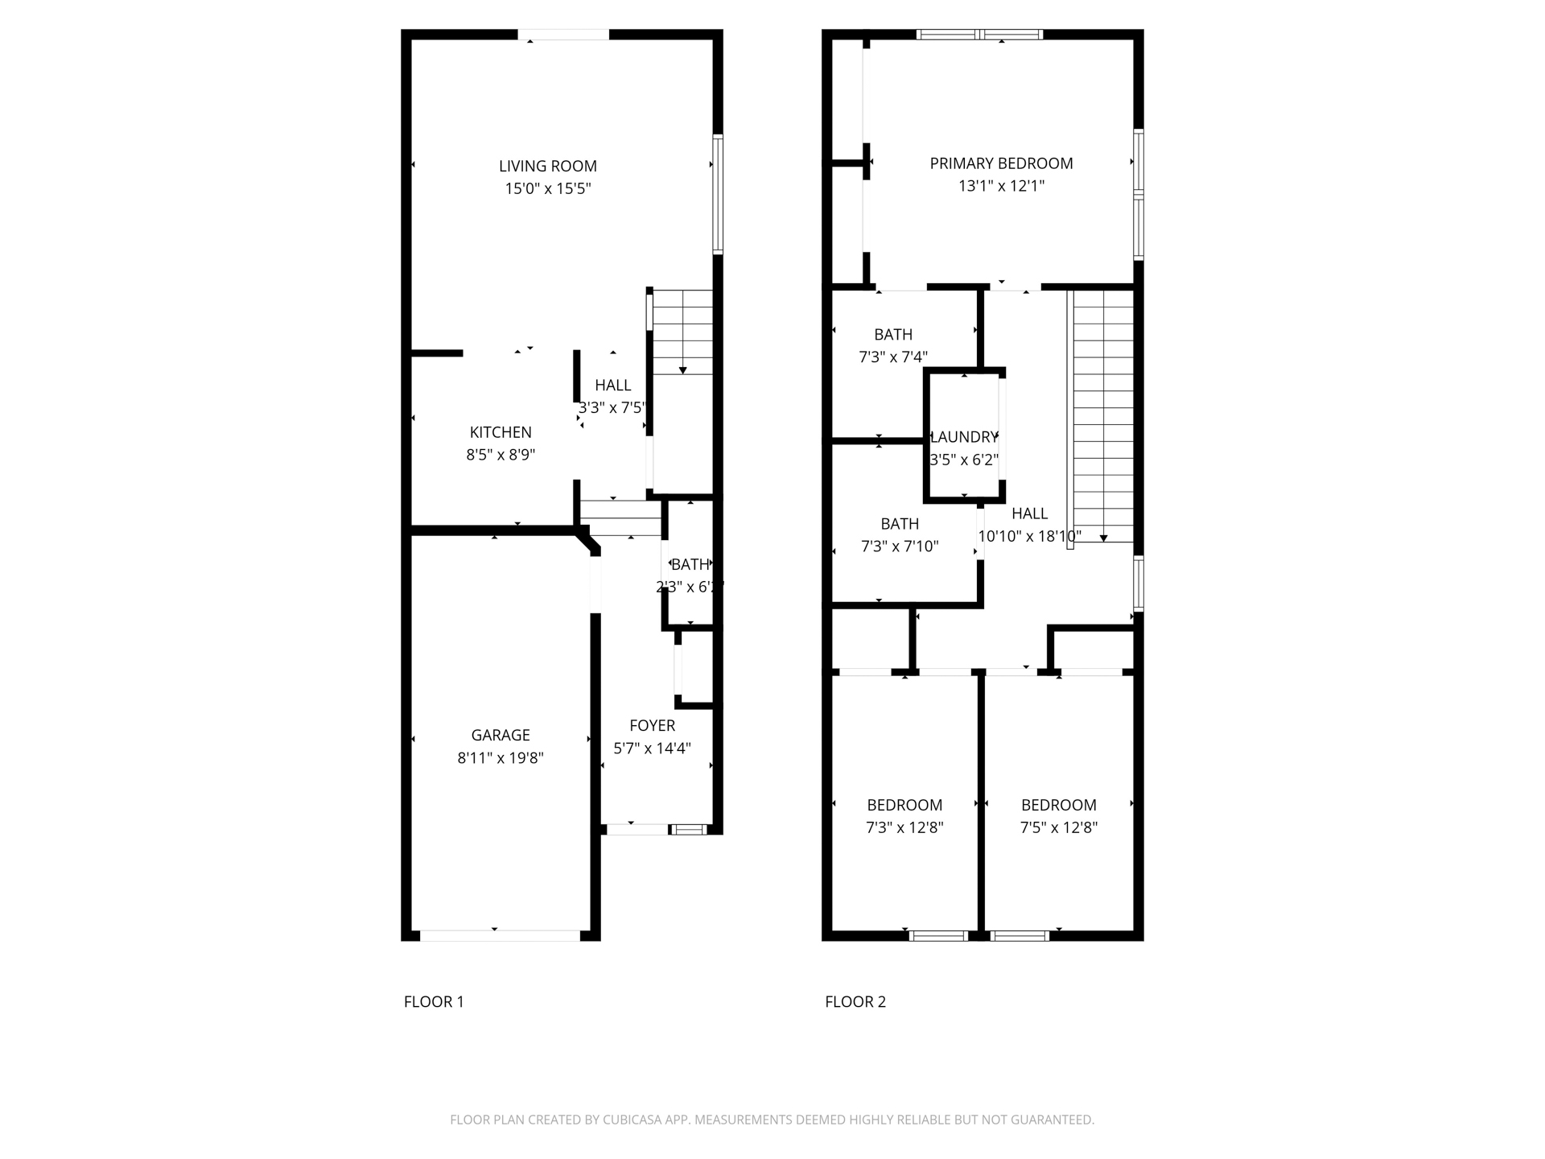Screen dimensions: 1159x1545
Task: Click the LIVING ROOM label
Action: point(547,167)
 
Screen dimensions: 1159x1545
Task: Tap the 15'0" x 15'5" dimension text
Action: point(547,189)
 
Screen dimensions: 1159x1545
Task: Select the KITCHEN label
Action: point(501,432)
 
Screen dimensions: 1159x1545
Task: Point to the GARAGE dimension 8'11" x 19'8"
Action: point(501,758)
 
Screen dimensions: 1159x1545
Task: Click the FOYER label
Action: point(652,726)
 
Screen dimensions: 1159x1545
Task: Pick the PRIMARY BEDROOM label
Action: point(1001,163)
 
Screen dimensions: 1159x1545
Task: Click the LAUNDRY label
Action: point(964,437)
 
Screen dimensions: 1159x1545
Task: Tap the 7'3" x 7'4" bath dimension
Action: point(893,357)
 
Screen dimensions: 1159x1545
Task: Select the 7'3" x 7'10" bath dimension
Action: point(900,547)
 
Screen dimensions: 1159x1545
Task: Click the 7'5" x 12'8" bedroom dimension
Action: point(1058,828)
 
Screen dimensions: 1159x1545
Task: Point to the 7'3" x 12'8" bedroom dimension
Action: point(904,828)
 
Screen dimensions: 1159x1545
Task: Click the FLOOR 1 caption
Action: point(434,1002)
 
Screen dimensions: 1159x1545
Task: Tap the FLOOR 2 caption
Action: point(855,1002)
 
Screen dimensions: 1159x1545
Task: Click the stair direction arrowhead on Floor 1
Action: point(682,370)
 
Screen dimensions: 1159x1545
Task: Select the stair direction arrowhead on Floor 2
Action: point(1103,538)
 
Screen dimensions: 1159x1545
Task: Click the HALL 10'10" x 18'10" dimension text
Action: point(1029,537)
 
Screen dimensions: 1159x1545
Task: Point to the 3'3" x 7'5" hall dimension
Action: point(612,408)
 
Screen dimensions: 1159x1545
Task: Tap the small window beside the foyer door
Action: point(689,830)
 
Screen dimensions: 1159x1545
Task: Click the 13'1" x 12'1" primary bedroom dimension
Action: point(1001,187)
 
